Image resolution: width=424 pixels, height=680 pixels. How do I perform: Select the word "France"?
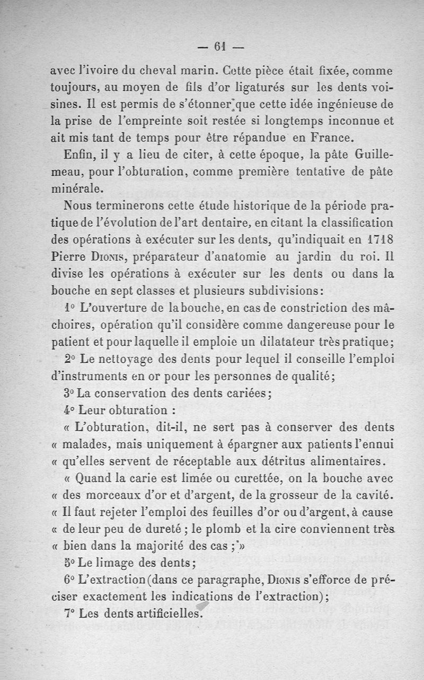pyautogui.click(x=328, y=138)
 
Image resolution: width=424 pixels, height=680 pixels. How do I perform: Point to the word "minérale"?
pyautogui.click(x=77, y=189)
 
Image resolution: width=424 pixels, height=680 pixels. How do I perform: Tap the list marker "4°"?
pyautogui.click(x=69, y=410)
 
